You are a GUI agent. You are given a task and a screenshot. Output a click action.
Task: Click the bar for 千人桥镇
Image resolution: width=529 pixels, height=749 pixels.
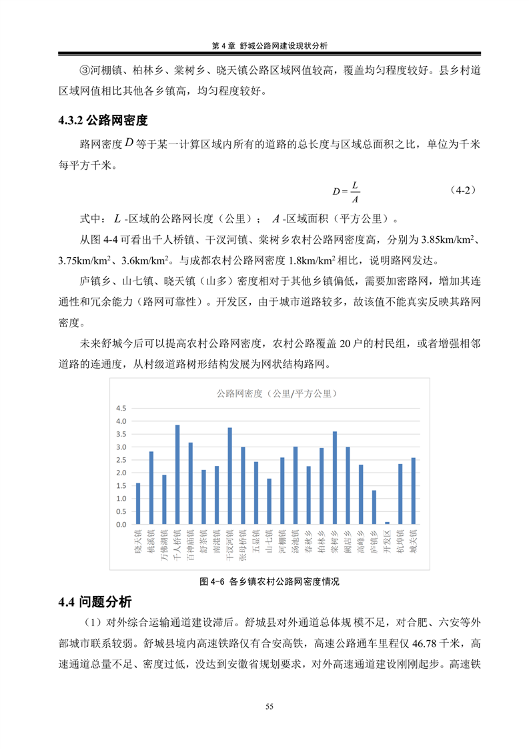coord(177,475)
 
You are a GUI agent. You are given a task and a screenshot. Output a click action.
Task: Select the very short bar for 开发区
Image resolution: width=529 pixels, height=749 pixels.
coord(387,523)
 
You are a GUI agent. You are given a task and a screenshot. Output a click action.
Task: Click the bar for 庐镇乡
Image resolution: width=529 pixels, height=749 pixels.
coord(374,507)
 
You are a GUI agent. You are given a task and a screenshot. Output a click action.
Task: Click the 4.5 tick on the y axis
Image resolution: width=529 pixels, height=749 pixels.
coord(120,409)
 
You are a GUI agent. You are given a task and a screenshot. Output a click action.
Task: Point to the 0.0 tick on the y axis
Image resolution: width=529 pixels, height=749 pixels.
coord(120,525)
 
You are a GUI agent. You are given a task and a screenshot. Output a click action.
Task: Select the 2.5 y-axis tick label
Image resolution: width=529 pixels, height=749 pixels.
coord(120,460)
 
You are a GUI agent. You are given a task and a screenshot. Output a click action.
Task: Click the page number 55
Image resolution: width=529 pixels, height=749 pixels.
coord(270,706)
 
